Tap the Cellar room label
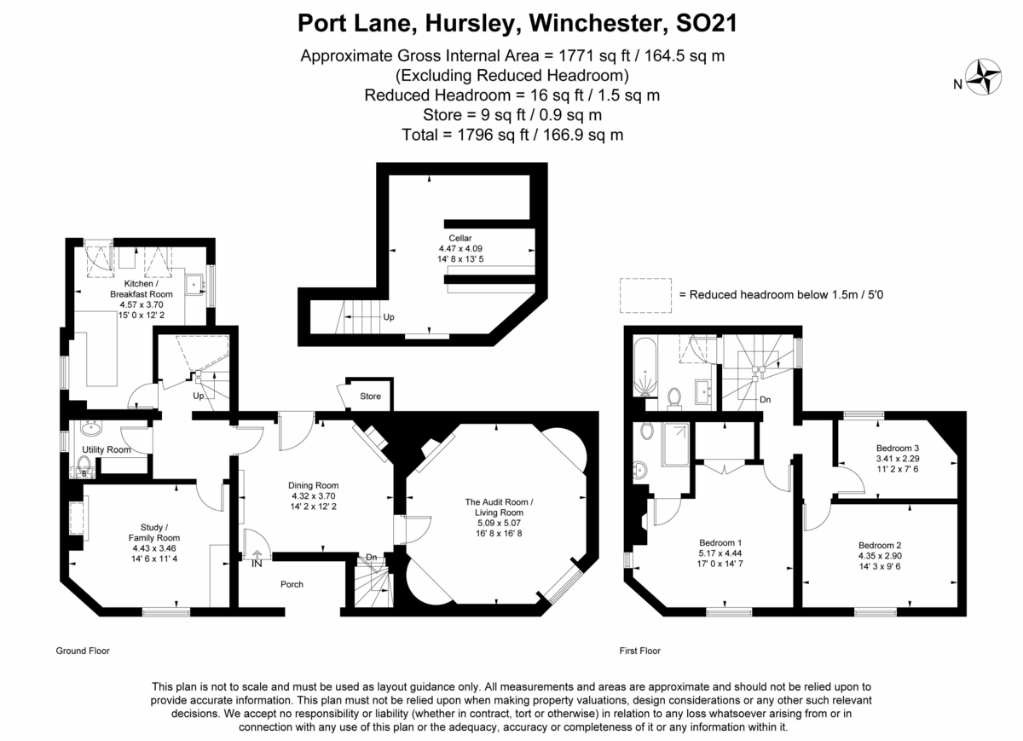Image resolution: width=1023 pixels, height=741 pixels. pos(459,238)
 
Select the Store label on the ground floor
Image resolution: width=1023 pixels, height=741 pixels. pos(370,397)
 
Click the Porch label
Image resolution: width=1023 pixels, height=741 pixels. pos(292,584)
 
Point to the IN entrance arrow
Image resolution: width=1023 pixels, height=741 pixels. pos(257,554)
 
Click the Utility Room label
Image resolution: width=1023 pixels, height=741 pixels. pos(107,449)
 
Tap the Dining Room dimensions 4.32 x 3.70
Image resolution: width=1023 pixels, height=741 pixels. pos(314,495)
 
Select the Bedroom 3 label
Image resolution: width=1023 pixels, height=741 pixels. pos(898,449)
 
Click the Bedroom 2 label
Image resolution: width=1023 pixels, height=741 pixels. pos(880,545)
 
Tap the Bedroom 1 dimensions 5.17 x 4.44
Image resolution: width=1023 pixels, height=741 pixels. pos(720,553)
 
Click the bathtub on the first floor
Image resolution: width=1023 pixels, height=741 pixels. pos(644,367)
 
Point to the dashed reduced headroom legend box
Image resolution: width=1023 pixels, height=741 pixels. pos(645,296)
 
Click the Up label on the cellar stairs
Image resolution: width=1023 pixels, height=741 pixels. pos(389,317)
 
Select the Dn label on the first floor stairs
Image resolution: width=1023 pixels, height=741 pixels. pos(765,400)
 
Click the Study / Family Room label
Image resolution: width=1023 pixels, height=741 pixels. pos(154,533)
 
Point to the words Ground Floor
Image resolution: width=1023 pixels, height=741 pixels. pos(83,651)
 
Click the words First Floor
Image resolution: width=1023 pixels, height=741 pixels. pos(640,651)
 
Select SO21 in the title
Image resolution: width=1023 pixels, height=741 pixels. pos(707,23)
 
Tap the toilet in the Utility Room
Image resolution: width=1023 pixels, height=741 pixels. pos(84,466)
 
